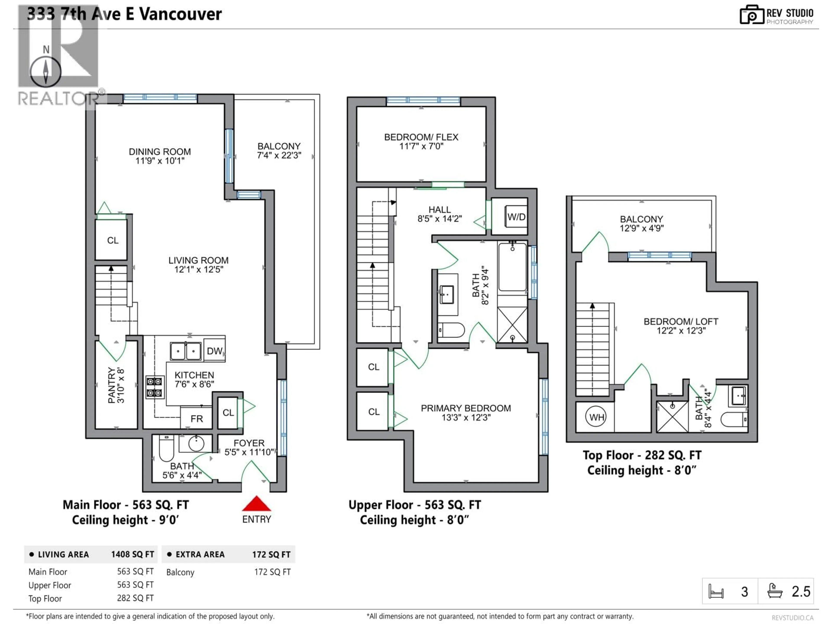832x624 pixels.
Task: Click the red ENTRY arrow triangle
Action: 256,504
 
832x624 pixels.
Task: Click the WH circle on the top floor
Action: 596,417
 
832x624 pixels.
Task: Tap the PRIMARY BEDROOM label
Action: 466,408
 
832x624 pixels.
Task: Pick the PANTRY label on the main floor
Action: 111,385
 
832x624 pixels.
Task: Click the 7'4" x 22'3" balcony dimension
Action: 279,155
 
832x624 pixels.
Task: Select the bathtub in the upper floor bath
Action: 512,267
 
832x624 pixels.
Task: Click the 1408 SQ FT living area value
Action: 132,554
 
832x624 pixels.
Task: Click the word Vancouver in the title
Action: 180,14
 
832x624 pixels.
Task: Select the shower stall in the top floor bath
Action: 672,416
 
